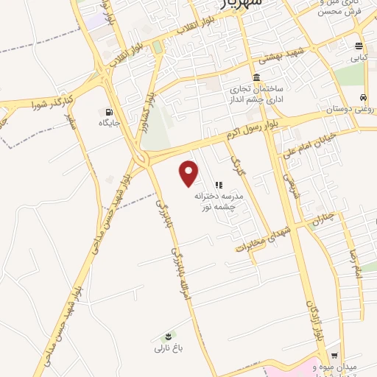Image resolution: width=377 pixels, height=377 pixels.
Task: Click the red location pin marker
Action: click(190, 174)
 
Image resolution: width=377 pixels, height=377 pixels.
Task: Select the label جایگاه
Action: click(110, 122)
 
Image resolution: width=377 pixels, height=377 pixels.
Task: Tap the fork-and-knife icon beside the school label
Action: click(218, 184)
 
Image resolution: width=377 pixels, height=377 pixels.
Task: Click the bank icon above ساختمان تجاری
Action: click(256, 77)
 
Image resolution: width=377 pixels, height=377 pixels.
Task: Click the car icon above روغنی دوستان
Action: click(363, 97)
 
